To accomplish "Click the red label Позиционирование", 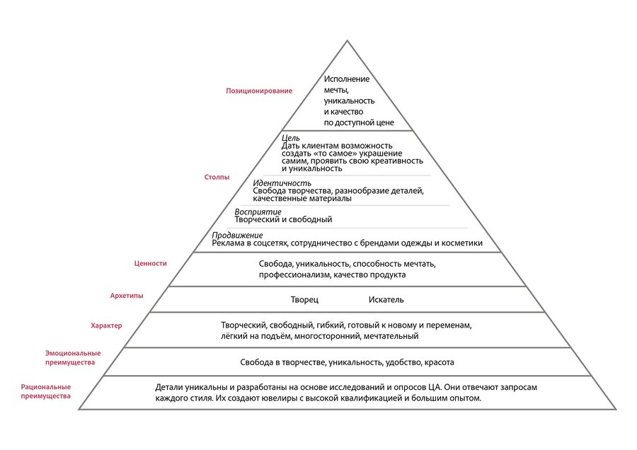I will click(x=259, y=91).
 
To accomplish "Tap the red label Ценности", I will click(x=150, y=263).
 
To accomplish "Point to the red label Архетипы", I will click(x=127, y=295).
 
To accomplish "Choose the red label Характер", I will click(x=106, y=325).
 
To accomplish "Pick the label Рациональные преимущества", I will click(x=46, y=391).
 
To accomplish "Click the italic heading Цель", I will click(x=290, y=137).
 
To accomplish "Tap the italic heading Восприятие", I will click(x=258, y=212).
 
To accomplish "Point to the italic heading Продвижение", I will click(x=238, y=235).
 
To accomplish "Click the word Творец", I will click(x=305, y=300).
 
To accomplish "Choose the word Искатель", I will click(x=386, y=300).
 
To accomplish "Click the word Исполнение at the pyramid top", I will click(x=347, y=79).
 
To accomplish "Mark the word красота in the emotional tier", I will click(x=439, y=362).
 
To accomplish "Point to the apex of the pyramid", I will click(x=347, y=41).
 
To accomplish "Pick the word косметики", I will click(x=461, y=243).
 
